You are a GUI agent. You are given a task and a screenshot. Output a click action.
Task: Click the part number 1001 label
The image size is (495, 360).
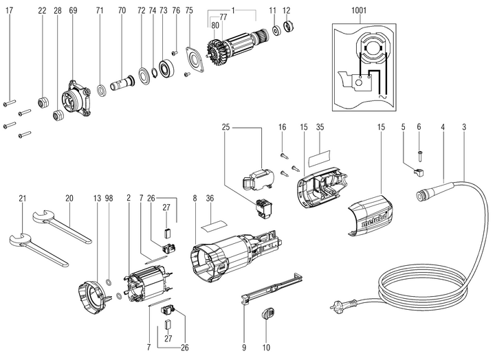coord(358,11)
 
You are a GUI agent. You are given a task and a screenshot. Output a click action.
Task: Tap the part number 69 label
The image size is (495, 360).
coord(74,11)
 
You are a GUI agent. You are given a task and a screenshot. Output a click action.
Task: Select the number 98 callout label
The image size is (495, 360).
coord(109,198)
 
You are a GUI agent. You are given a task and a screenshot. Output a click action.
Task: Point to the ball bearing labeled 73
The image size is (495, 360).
coord(166,69)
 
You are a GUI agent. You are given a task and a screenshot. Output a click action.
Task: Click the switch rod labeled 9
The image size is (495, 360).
coord(272,289)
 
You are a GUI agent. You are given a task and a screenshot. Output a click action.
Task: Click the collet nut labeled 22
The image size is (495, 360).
coord(43,102)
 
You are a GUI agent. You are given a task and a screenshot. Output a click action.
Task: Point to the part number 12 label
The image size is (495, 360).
coord(286,11)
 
